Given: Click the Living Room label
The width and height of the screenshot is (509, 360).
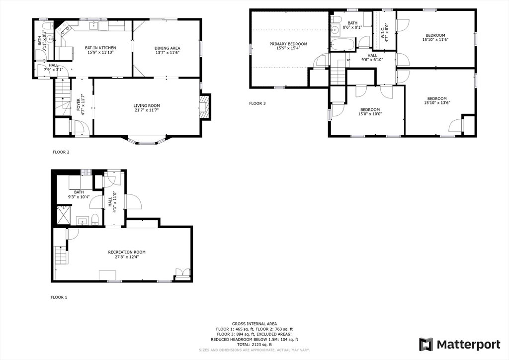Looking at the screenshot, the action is [147, 105].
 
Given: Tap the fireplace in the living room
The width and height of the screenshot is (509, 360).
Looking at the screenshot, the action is [204, 107].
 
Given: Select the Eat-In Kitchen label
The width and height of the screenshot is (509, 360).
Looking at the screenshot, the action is [100, 48].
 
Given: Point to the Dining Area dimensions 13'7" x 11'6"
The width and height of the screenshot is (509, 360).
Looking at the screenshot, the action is [167, 53].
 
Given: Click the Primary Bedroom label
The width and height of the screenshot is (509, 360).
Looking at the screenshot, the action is [288, 44].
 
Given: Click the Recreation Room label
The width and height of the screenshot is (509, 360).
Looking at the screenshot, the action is [127, 252].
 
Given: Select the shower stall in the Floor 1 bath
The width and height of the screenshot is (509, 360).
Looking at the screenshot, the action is [64, 215].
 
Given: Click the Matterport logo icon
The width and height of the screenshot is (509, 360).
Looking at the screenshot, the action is [426, 345].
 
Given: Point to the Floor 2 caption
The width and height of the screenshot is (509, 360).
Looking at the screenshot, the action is [61, 152].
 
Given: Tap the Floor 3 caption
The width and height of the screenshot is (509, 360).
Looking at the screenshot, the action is [257, 103].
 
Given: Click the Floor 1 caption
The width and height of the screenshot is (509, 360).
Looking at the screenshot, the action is [59, 297].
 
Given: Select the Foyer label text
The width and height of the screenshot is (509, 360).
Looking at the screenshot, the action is [78, 105].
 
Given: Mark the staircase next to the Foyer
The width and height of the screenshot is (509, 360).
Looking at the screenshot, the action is [62, 97].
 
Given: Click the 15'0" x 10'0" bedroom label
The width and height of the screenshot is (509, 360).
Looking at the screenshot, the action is [370, 110].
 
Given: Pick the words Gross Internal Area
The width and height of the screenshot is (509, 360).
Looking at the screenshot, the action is [254, 324].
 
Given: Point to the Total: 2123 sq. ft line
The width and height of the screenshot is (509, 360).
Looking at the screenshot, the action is [254, 345].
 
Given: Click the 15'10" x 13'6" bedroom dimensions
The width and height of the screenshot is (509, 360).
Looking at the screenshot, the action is [437, 103].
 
